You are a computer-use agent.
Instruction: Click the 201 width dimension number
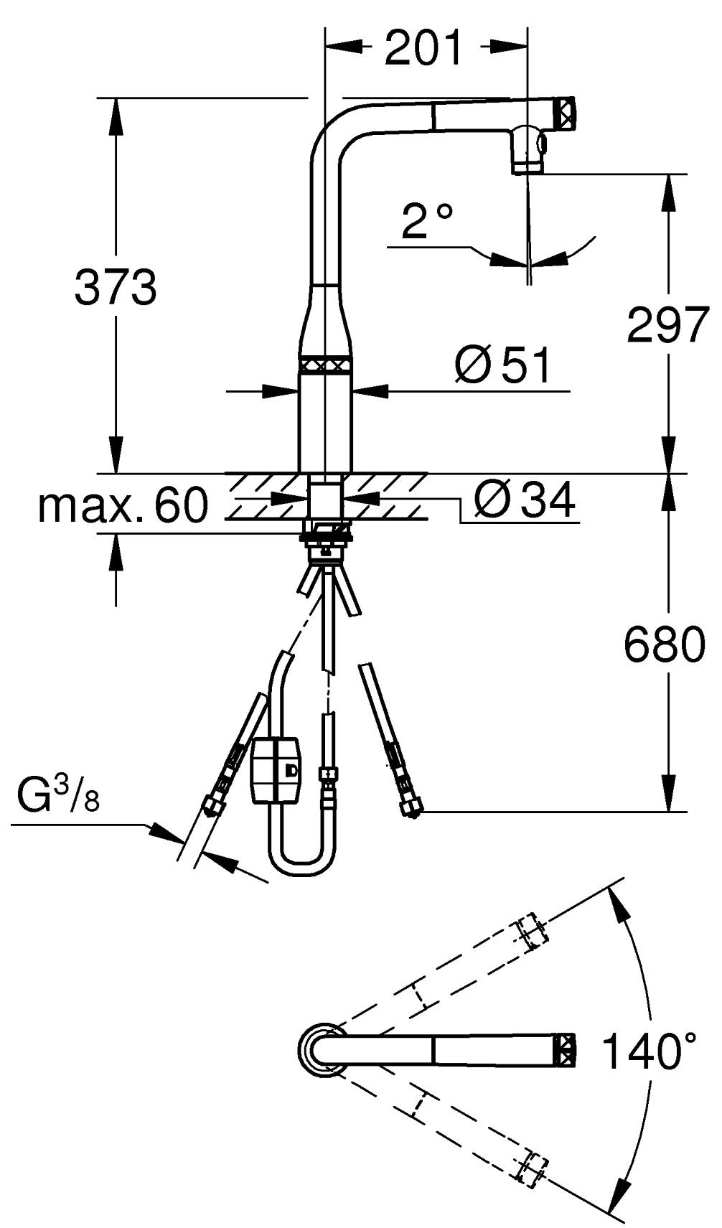tap(423, 47)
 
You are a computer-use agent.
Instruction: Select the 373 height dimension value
tap(116, 288)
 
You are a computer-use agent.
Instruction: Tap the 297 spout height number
tap(667, 325)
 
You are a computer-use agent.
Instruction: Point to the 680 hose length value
tap(665, 645)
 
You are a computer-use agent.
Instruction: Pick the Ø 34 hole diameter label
tap(524, 500)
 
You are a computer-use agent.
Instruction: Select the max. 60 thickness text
tap(123, 505)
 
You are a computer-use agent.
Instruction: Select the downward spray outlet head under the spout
tap(528, 150)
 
